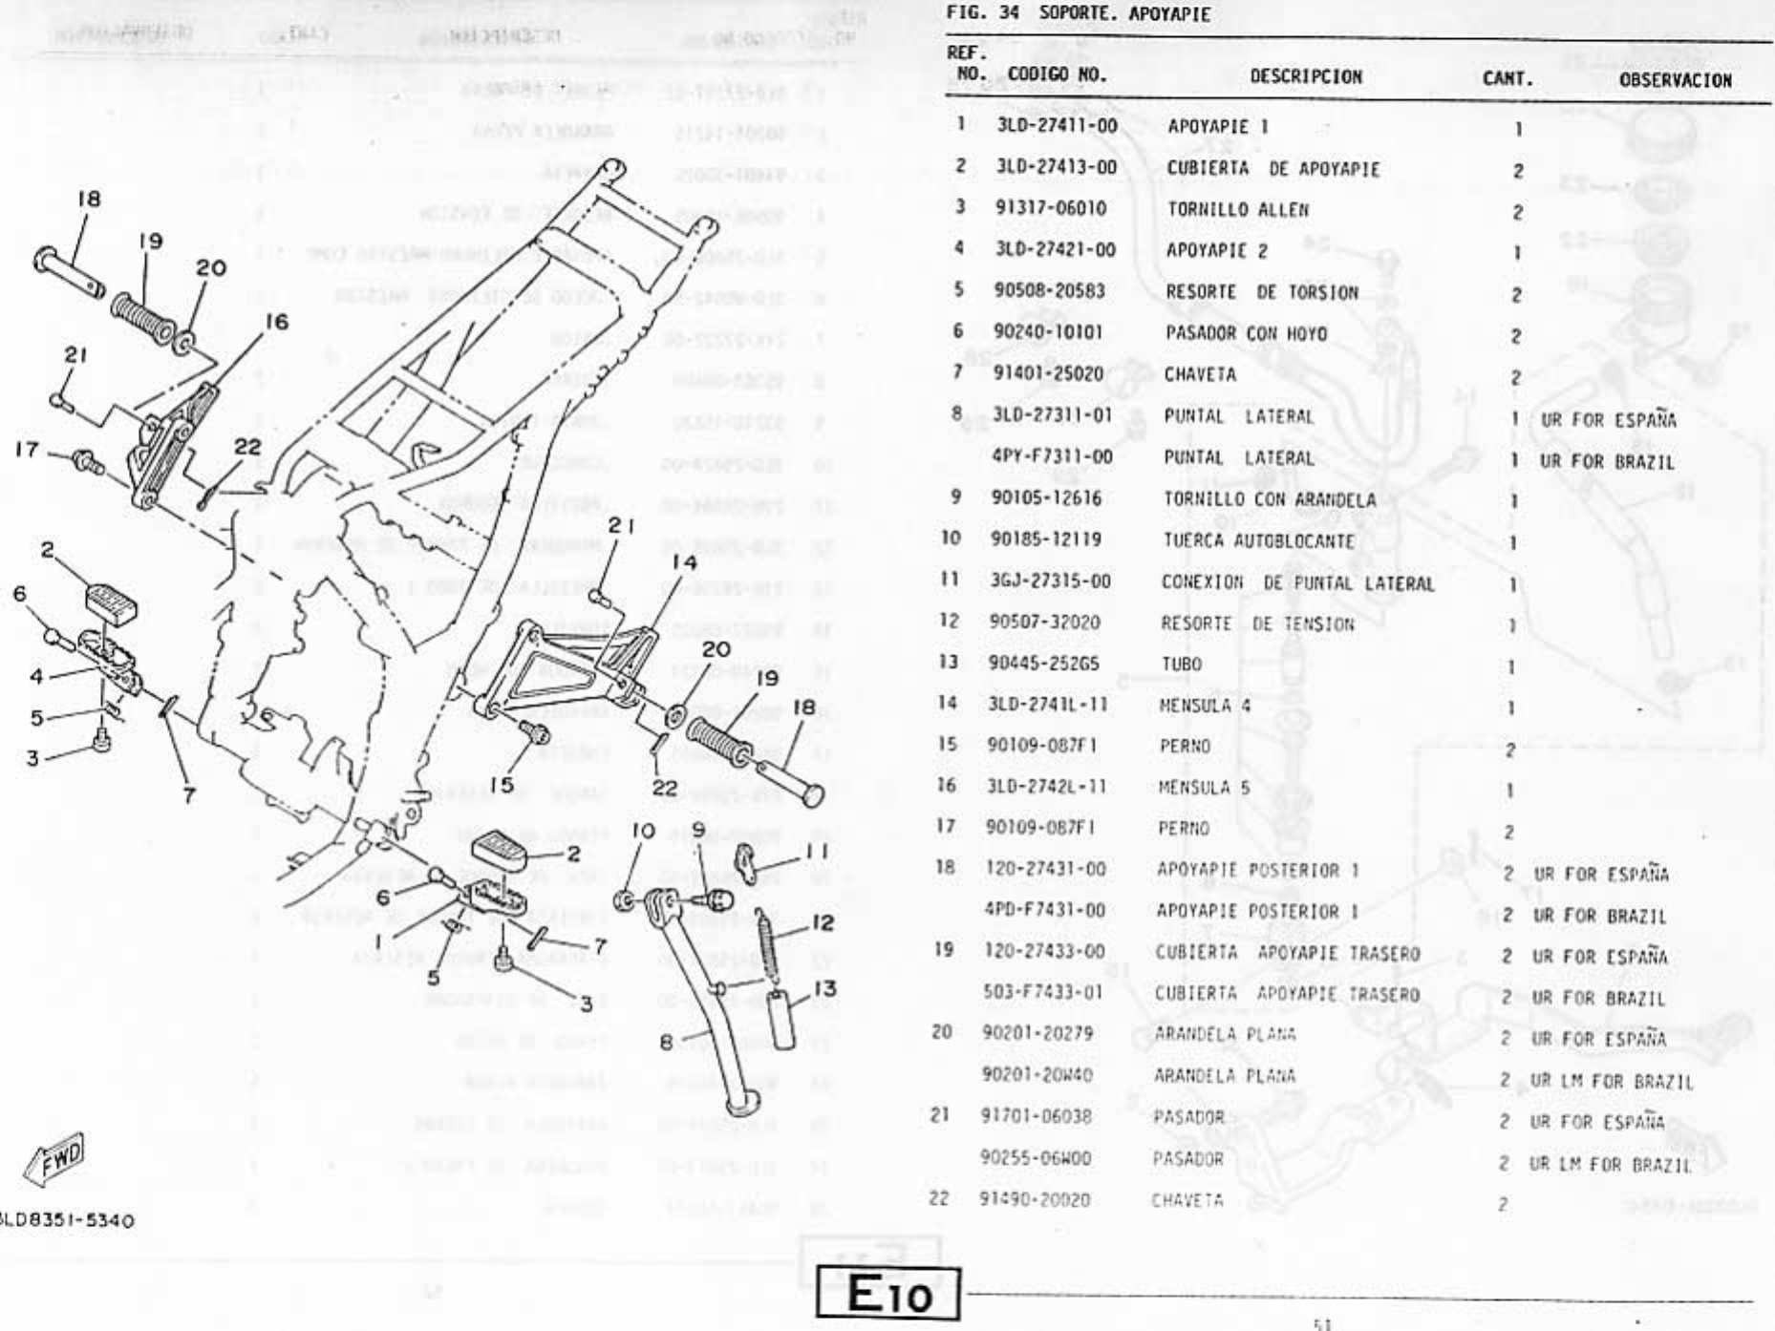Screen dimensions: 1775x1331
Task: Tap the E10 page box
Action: pyautogui.click(x=888, y=1295)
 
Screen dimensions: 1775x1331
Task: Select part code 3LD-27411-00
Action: pyautogui.click(x=1057, y=125)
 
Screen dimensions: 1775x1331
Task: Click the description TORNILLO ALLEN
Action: pyautogui.click(x=1237, y=209)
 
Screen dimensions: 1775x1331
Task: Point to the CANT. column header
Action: pyautogui.click(x=1507, y=78)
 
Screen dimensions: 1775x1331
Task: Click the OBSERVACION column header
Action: pyautogui.click(x=1674, y=80)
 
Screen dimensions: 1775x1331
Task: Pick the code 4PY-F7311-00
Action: pyautogui.click(x=1052, y=456)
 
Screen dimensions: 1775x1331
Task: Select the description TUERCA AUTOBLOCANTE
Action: pyautogui.click(x=1258, y=540)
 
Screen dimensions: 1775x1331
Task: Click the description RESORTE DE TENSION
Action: pyautogui.click(x=1257, y=623)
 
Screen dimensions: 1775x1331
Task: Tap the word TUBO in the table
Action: pyautogui.click(x=1181, y=665)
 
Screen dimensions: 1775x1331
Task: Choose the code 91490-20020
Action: pyautogui.click(x=1034, y=1199)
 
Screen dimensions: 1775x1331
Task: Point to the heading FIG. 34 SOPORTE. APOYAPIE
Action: pyautogui.click(x=1078, y=14)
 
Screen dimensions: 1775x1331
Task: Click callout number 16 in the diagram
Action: pyautogui.click(x=276, y=322)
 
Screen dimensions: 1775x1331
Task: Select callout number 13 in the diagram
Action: pyautogui.click(x=824, y=989)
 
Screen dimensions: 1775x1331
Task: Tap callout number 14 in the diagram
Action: pyautogui.click(x=684, y=562)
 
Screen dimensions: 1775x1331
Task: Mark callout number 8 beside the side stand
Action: pyautogui.click(x=666, y=1043)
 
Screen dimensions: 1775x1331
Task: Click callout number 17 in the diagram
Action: pyautogui.click(x=27, y=448)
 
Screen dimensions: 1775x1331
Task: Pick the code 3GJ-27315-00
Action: pyautogui.click(x=1050, y=581)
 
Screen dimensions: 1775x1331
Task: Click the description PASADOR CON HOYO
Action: pyautogui.click(x=1246, y=333)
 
